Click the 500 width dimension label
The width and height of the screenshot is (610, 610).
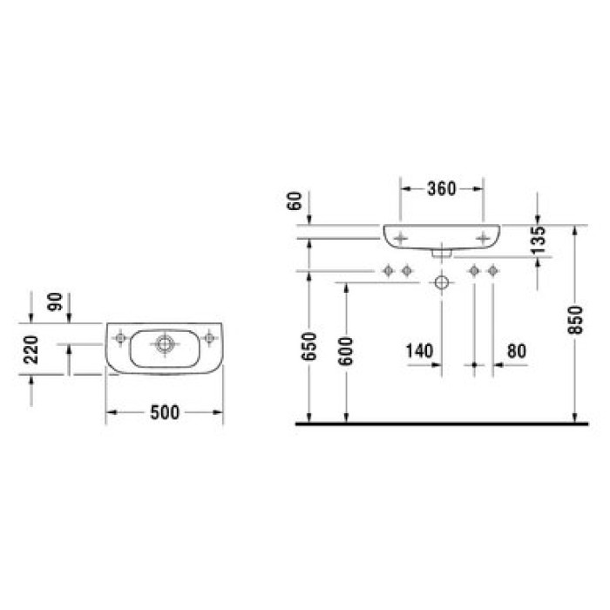[x=164, y=413]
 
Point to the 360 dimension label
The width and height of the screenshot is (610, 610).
[x=441, y=189]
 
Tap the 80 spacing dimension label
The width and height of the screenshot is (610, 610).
[x=516, y=350]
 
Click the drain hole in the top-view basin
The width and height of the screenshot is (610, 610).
[x=163, y=342]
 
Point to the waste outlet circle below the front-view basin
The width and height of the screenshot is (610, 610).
[x=442, y=283]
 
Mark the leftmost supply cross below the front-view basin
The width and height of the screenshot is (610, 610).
[x=389, y=272]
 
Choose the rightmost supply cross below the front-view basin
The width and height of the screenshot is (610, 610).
[x=492, y=272]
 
